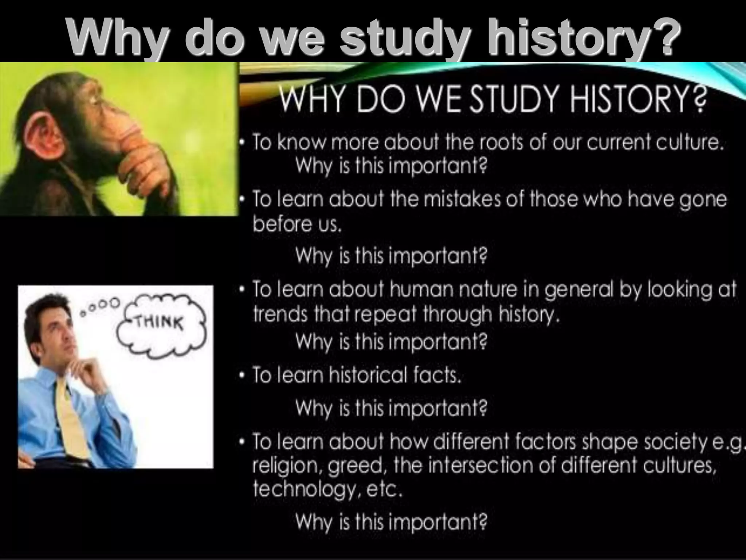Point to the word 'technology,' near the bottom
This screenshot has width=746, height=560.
(306, 490)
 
